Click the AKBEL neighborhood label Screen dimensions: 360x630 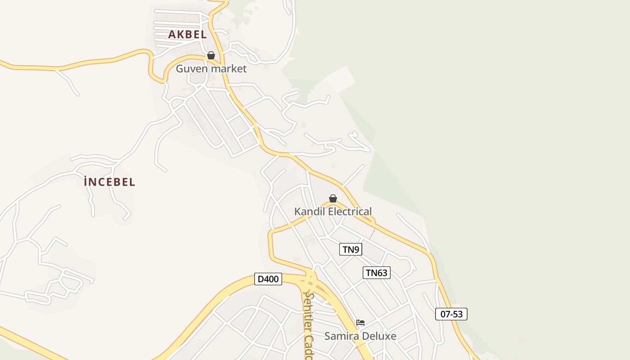(x=187, y=34)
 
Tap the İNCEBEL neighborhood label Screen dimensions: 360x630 (x=109, y=182)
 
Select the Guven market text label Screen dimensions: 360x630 (x=211, y=69)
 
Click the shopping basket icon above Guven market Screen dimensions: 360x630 (x=211, y=55)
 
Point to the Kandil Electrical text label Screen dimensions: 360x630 (x=333, y=211)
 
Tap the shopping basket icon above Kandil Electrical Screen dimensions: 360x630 (x=333, y=198)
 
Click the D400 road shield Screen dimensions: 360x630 (x=268, y=279)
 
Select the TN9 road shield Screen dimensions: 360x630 (x=351, y=249)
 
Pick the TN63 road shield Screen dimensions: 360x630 (x=376, y=272)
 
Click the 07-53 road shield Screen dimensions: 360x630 (x=451, y=314)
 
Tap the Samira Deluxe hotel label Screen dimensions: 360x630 (x=360, y=336)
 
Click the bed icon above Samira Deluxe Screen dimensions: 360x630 (x=360, y=322)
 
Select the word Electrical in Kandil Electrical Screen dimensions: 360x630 (x=350, y=211)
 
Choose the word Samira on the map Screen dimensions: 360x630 (x=339, y=336)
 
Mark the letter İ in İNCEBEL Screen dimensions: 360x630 (x=85, y=181)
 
